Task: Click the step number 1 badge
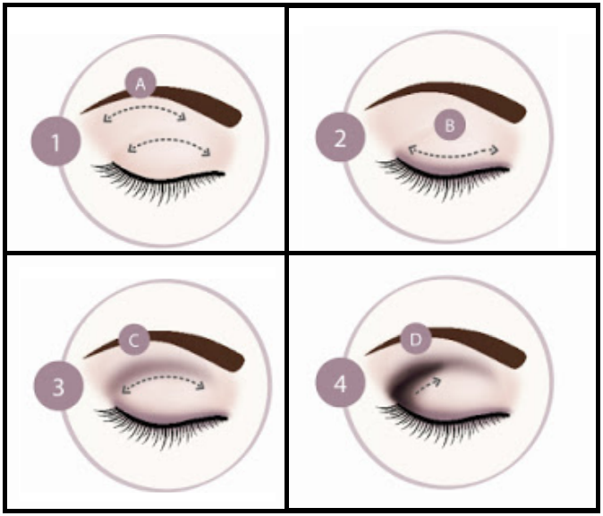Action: point(55,142)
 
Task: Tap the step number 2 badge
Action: point(340,137)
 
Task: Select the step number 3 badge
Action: point(58,386)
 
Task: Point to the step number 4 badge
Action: point(340,383)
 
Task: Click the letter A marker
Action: point(140,83)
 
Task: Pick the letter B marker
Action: point(449,125)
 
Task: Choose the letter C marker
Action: point(134,340)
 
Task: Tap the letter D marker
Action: point(416,340)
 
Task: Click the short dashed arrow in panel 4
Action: point(428,387)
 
